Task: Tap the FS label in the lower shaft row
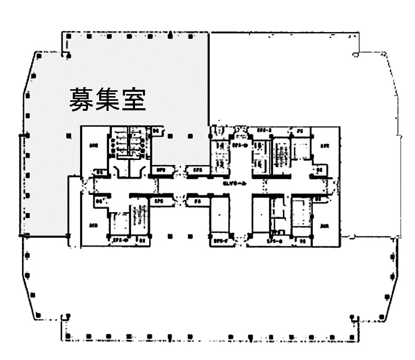click(197, 201)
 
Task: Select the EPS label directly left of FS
click(158, 201)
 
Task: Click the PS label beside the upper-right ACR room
click(299, 130)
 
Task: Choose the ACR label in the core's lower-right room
click(324, 226)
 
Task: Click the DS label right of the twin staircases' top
click(156, 130)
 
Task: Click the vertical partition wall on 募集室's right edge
click(209, 79)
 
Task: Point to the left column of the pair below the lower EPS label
click(169, 236)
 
